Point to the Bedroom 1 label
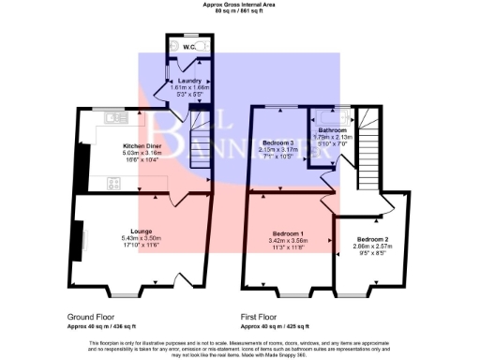pos(289,232)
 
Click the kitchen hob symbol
pos(114,183)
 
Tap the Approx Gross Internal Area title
pos(239,5)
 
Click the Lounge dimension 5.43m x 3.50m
pos(142,238)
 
